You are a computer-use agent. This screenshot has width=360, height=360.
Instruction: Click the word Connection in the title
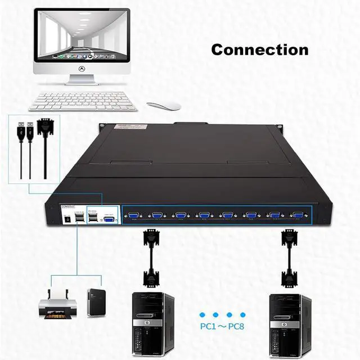tap(259, 49)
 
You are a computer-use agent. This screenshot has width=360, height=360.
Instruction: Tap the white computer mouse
tap(164, 106)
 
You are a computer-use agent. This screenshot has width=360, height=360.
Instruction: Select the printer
tap(57, 304)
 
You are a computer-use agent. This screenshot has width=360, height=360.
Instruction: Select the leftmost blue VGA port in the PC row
tap(133, 215)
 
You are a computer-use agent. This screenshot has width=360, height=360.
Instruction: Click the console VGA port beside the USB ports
tap(108, 219)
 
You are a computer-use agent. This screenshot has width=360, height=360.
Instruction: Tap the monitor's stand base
tap(81, 83)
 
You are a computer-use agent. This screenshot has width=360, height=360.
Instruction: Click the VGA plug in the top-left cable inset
tap(45, 128)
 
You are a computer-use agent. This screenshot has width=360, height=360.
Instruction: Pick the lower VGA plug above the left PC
tap(151, 277)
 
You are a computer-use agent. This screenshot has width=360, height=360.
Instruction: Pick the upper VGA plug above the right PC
tap(289, 238)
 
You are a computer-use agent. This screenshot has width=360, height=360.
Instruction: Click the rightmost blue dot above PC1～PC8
tap(243, 315)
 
